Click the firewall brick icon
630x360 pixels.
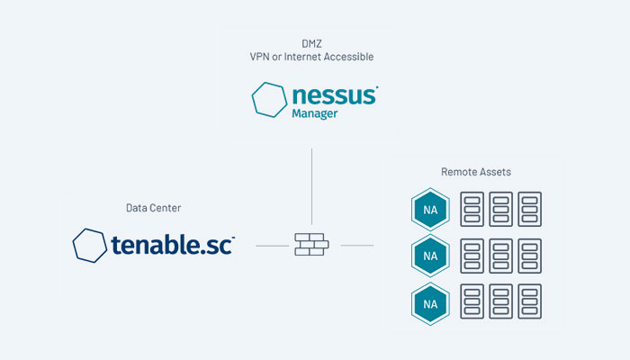pos(311,245)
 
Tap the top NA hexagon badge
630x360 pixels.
pos(430,210)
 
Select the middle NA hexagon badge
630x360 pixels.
pos(430,256)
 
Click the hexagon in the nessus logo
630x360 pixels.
pos(269,99)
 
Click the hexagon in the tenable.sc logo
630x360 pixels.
pos(89,245)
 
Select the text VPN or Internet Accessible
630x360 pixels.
pos(311,57)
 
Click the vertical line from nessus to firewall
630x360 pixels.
pos(311,184)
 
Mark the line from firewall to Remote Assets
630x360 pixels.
pos(357,245)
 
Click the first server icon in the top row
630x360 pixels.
pos(472,210)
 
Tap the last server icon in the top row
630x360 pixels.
pos(530,210)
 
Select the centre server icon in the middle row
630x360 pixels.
pos(501,256)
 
